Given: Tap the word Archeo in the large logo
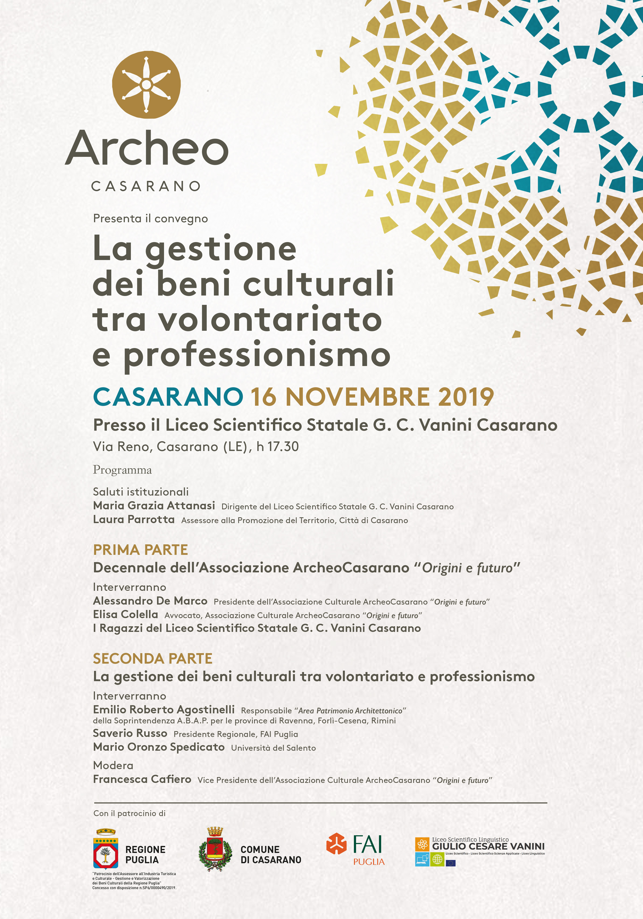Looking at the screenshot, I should (x=147, y=148).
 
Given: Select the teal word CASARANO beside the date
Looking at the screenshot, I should (x=168, y=397).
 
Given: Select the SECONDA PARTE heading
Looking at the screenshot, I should (x=152, y=658).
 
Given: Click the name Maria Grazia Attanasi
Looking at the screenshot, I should (x=154, y=506).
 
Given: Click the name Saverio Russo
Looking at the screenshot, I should (x=130, y=733).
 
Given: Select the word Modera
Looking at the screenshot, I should (x=113, y=765).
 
